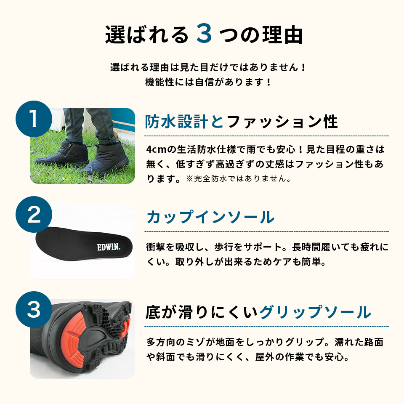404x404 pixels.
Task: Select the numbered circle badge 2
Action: coord(34,215)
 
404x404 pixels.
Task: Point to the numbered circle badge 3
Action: coord(34,310)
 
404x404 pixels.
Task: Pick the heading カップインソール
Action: coord(210,217)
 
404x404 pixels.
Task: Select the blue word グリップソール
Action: coord(315,313)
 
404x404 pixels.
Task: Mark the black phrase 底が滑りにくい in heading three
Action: coord(202,313)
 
